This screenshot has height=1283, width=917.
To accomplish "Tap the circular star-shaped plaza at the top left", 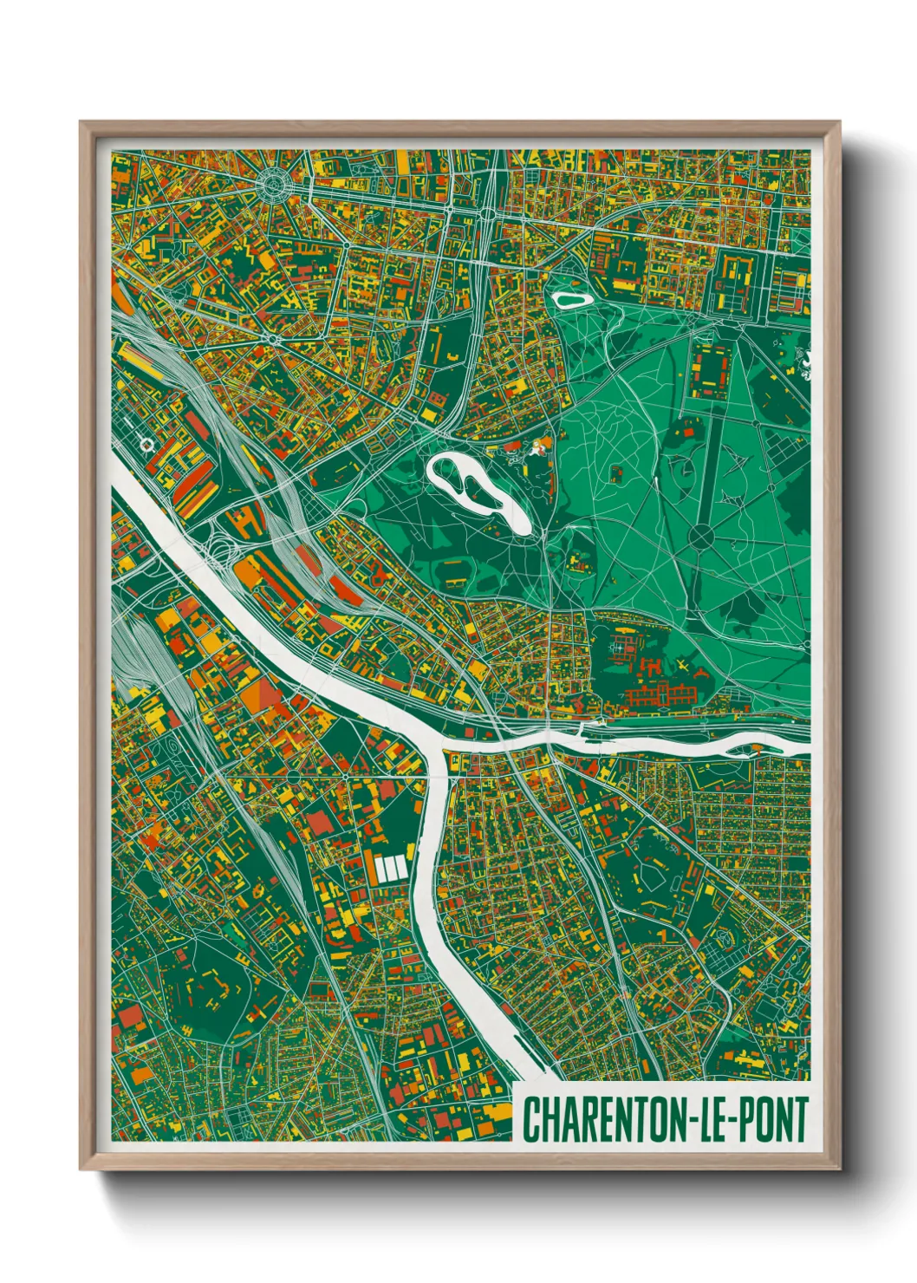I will point(275,184).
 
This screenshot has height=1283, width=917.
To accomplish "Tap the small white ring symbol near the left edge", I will point(146,445).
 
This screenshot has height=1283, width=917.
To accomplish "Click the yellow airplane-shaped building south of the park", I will point(684,666).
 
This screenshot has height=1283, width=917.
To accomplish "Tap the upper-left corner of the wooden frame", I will point(81,123).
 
